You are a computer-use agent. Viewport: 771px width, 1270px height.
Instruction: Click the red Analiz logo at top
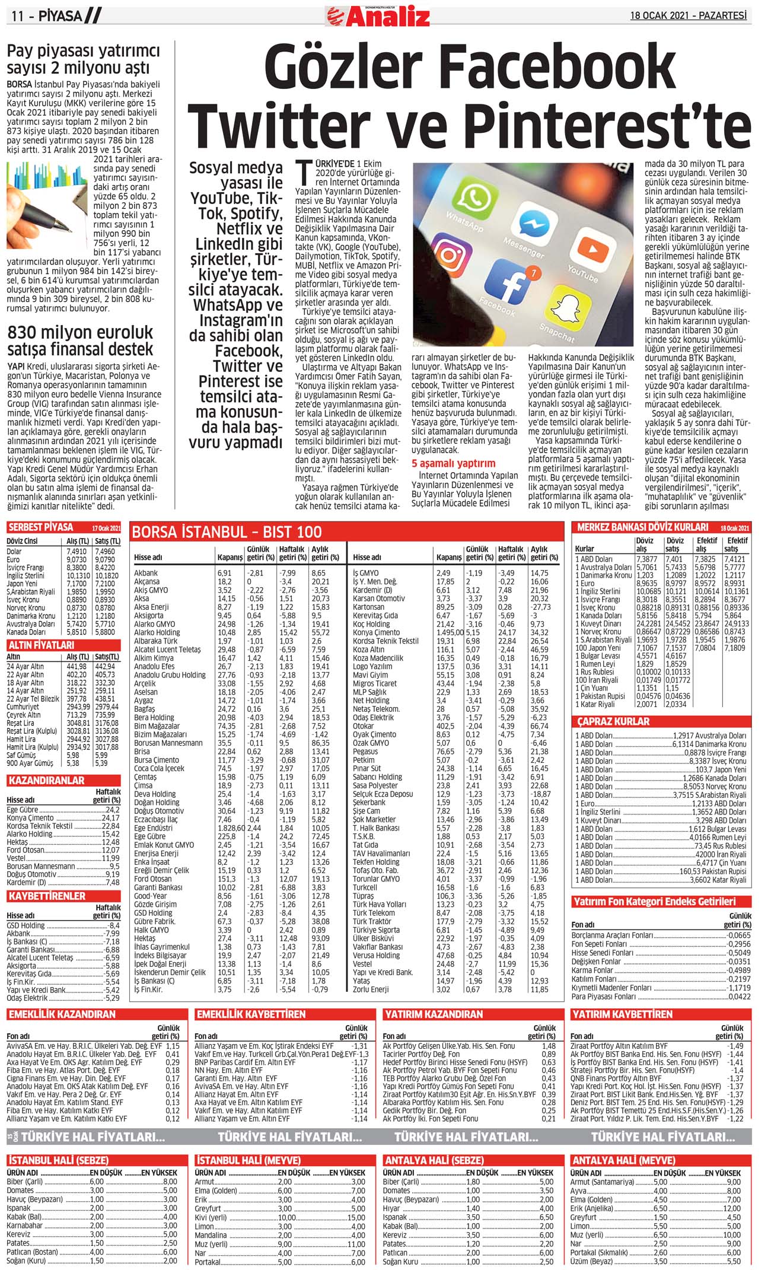coord(378,15)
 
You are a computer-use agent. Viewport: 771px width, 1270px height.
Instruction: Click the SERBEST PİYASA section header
coord(41,527)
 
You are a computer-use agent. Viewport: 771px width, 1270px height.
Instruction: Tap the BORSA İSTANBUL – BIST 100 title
coord(227,532)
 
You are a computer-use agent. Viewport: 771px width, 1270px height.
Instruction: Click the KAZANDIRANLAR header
coord(46,781)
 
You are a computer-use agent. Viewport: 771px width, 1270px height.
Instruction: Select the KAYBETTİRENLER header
coord(47,896)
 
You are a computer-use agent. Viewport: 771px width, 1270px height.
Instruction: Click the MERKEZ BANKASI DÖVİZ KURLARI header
coord(642,527)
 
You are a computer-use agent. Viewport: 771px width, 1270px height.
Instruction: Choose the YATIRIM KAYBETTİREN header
coord(622,1014)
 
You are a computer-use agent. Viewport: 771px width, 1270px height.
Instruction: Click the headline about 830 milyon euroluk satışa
coord(80,340)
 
